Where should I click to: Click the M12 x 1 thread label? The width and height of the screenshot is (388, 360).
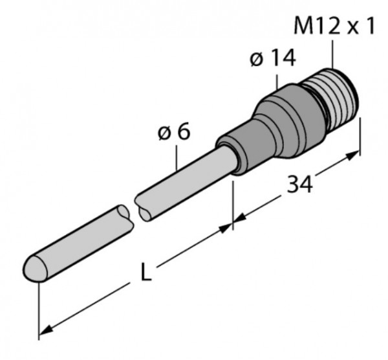click(x=335, y=27)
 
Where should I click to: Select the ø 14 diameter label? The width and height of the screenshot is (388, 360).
click(x=272, y=59)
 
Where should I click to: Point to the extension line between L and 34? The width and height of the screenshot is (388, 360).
click(x=233, y=201)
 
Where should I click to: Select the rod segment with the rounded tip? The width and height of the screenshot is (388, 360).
click(x=74, y=243)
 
